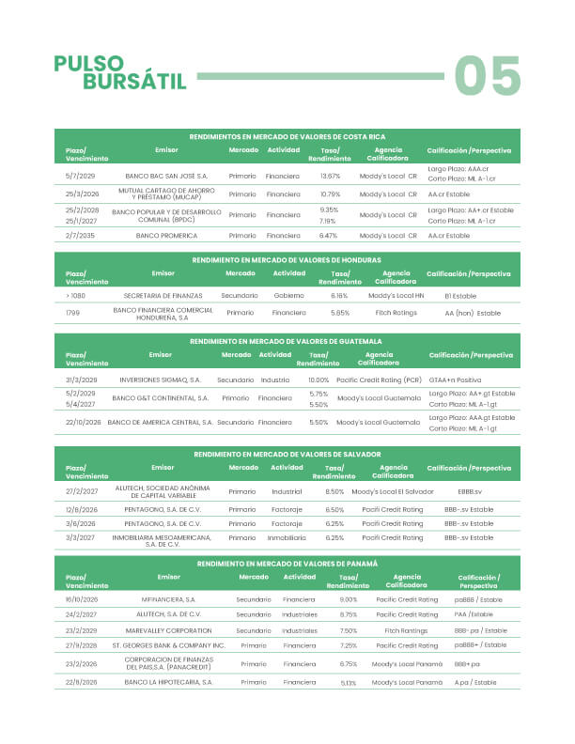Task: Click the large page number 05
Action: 488,75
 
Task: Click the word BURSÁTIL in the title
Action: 134,82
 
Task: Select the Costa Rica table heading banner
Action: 287,136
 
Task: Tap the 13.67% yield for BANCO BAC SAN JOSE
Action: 331,176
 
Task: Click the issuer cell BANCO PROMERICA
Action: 166,236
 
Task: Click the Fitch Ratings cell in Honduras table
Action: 396,313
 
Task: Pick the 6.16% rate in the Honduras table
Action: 339,295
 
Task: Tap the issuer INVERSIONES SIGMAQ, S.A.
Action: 161,380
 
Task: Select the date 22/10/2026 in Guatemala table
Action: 83,423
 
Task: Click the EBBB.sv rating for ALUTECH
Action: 470,491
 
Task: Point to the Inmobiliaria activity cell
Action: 287,538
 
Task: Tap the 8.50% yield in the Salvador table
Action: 334,491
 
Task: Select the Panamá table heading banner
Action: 287,563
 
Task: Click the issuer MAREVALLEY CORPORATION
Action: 168,630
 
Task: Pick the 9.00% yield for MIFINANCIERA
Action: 349,598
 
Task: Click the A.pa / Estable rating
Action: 474,683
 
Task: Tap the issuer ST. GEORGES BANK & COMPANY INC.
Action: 168,646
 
